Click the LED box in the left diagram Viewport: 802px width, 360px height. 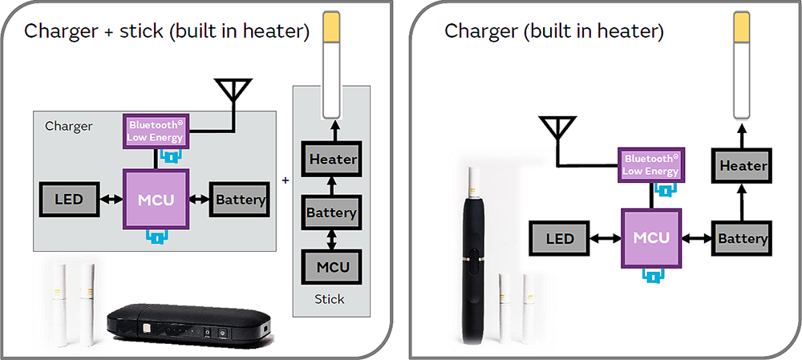pos(68,199)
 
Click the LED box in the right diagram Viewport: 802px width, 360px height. pos(560,238)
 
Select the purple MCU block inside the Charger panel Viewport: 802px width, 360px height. pos(155,199)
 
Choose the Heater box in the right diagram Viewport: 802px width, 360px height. pos(743,166)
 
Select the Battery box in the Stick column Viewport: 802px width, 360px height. pos(330,212)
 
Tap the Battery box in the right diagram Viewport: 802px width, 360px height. pos(743,238)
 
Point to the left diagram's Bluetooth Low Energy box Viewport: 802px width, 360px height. pos(155,131)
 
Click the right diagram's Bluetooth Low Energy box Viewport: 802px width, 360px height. pos(650,164)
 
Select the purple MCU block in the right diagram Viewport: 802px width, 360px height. pos(650,238)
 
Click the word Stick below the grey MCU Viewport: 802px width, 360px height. pos(329,299)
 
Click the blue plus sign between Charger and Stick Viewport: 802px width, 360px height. pos(286,181)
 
